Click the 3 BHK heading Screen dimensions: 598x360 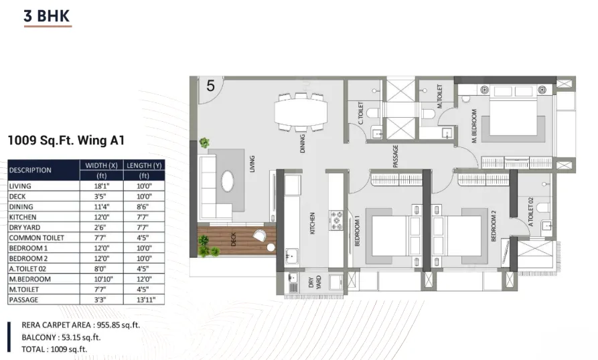(x=46, y=16)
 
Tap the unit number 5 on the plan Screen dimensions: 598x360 (x=210, y=86)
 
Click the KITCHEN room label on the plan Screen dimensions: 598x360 (x=312, y=223)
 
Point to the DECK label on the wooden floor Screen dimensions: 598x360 (x=234, y=239)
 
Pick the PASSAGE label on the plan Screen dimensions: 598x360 (x=396, y=156)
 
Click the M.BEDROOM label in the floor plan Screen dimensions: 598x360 (x=474, y=126)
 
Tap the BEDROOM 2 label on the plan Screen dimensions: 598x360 (x=494, y=226)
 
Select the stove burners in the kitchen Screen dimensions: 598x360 (x=336, y=221)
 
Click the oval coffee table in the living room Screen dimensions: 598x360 (x=228, y=181)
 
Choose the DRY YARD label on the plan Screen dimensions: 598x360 (x=315, y=282)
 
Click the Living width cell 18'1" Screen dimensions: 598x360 (x=101, y=186)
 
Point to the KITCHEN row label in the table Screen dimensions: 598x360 (x=23, y=217)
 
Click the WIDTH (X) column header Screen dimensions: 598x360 (x=101, y=165)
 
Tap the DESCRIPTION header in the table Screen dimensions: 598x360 (x=30, y=170)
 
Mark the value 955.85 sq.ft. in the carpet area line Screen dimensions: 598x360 (x=119, y=325)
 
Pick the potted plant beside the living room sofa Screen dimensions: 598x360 (x=204, y=143)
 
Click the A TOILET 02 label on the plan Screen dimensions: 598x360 (x=530, y=212)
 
